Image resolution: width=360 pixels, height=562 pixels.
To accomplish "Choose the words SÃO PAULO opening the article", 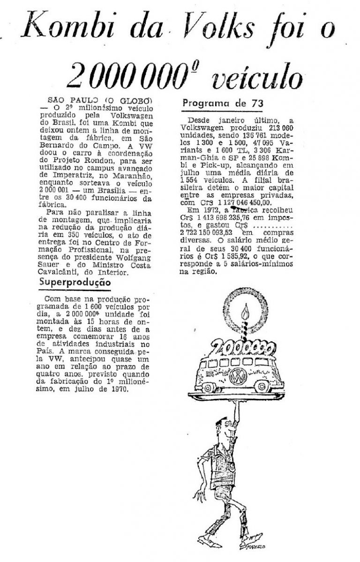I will click(x=71, y=100).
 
